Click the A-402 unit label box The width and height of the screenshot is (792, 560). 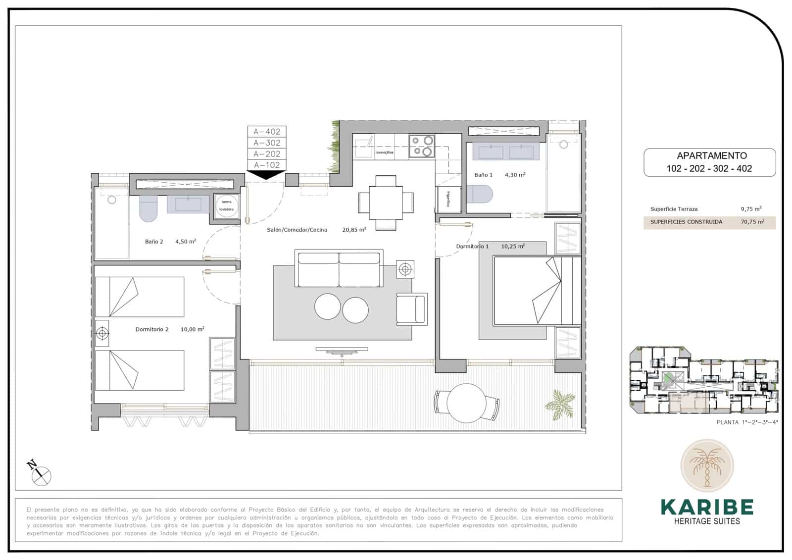click(267, 132)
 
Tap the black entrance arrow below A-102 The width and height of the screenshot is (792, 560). click(266, 175)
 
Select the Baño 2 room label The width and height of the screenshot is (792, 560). click(154, 242)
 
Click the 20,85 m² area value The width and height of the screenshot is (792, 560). click(354, 230)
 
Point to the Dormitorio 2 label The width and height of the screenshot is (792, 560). click(152, 329)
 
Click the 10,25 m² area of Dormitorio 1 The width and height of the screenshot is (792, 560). click(513, 246)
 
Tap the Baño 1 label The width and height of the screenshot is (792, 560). click(483, 175)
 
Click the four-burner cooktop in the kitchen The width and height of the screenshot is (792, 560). click(422, 146)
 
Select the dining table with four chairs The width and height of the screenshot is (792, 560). click(386, 203)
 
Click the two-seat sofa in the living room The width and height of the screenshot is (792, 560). click(339, 268)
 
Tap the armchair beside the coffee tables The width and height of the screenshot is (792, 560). click(412, 309)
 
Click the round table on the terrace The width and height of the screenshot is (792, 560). click(466, 403)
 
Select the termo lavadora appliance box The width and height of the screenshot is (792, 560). click(227, 205)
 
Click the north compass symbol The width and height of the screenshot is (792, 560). click(40, 473)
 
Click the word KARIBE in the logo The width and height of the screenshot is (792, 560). click(707, 508)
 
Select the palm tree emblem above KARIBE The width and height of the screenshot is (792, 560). click(707, 466)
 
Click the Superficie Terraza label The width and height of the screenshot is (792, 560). click(674, 209)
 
